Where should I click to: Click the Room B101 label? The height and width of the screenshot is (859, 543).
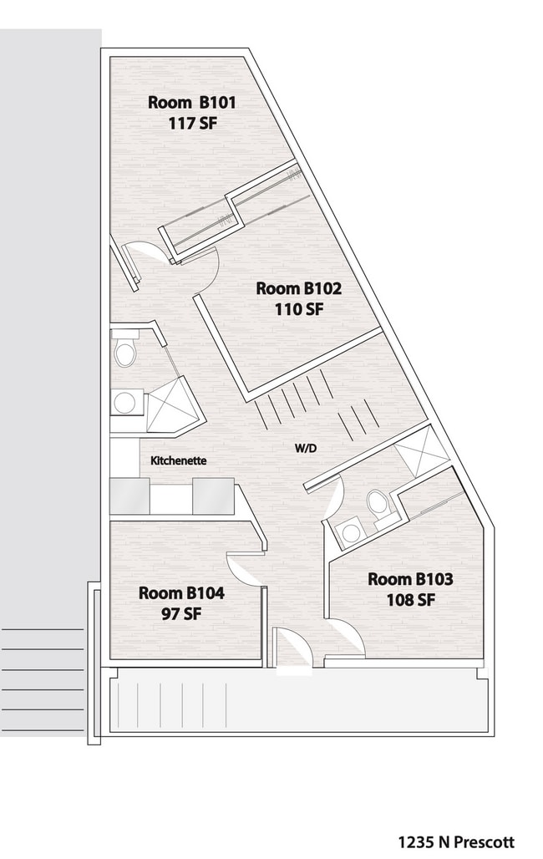coord(192,103)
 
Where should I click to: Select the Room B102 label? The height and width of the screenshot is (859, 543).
coord(298,288)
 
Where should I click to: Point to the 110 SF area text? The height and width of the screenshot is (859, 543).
coord(298,308)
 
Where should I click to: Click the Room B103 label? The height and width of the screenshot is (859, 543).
coord(410,578)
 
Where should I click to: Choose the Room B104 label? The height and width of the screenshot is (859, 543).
coord(181,592)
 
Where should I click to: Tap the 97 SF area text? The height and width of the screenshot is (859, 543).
coord(181,613)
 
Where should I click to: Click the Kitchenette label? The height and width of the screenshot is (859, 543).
coord(178,460)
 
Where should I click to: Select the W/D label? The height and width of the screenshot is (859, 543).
coord(305,448)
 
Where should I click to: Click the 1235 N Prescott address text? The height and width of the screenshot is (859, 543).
coord(455,841)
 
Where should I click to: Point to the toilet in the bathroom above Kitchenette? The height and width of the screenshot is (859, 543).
coord(125,350)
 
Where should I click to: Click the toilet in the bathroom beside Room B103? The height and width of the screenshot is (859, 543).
coord(378,504)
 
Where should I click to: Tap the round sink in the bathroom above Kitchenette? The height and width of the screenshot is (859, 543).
coord(125,403)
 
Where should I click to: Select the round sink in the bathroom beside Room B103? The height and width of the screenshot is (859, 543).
coord(351,531)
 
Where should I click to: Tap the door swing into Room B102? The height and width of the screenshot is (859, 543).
coord(205,272)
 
